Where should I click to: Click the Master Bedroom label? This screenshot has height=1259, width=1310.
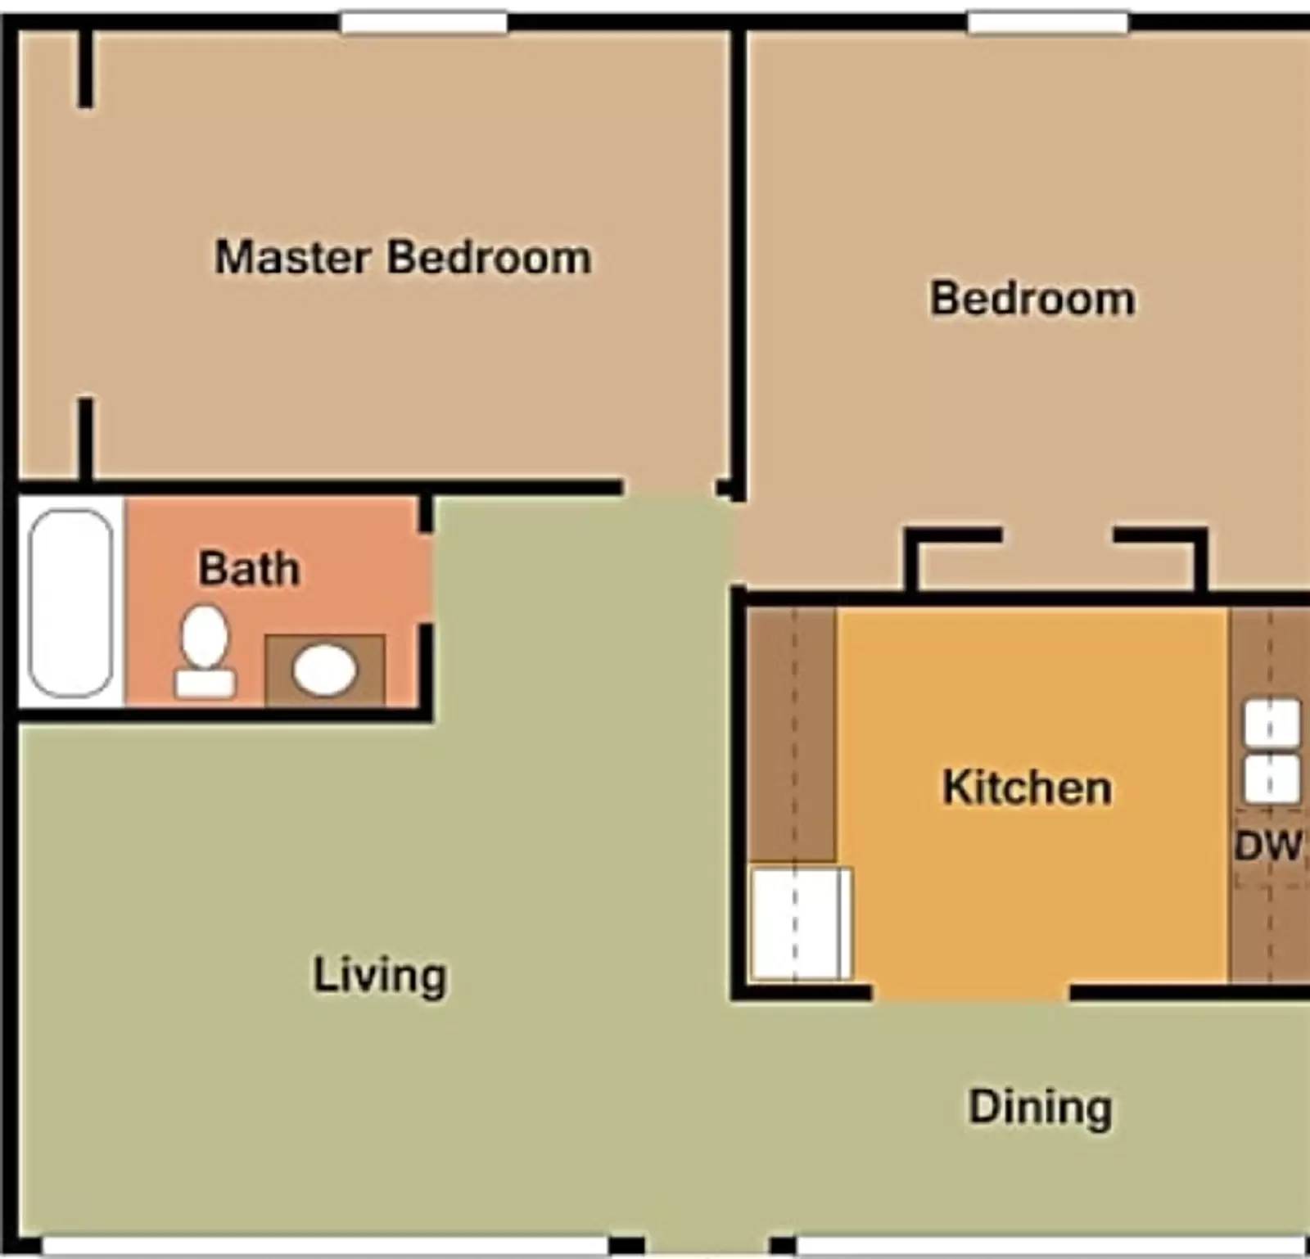[x=403, y=258]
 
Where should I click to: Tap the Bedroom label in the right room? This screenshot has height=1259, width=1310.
[x=1032, y=299]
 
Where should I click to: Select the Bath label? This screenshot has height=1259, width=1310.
[x=249, y=569]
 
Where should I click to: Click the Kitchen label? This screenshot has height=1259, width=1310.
[x=1027, y=787]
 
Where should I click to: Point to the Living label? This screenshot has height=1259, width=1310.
[x=380, y=975]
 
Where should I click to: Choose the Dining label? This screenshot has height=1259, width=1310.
[x=1040, y=1107]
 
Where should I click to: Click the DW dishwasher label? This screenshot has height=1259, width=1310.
[x=1267, y=846]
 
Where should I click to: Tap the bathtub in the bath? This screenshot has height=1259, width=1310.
[x=71, y=603]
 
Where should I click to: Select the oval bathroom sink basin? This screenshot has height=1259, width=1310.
[x=325, y=670]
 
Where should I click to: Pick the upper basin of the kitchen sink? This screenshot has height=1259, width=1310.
[x=1272, y=723]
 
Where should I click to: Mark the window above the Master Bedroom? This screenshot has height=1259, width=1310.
[x=423, y=22]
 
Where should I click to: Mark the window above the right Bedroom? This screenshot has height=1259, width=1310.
[x=1048, y=22]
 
